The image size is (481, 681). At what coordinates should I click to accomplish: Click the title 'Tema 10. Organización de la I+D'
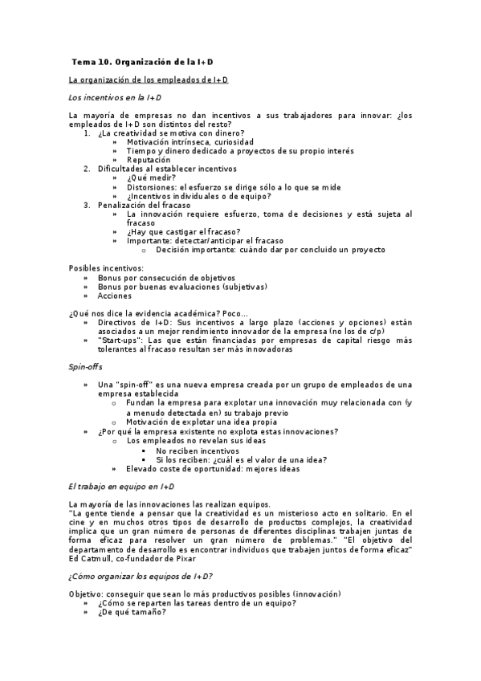click(x=143, y=61)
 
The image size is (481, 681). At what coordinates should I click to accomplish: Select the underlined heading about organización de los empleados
click(x=148, y=80)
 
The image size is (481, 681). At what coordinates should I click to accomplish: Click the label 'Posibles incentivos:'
click(x=107, y=267)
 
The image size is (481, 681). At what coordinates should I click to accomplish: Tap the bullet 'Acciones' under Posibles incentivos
click(x=115, y=295)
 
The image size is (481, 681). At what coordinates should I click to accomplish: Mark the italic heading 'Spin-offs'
click(x=84, y=366)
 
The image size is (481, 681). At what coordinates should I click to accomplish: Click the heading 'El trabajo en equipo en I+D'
click(x=121, y=487)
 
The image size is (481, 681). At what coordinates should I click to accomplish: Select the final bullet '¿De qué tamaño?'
click(x=132, y=612)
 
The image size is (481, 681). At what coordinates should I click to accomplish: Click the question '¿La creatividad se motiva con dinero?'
click(x=171, y=133)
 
